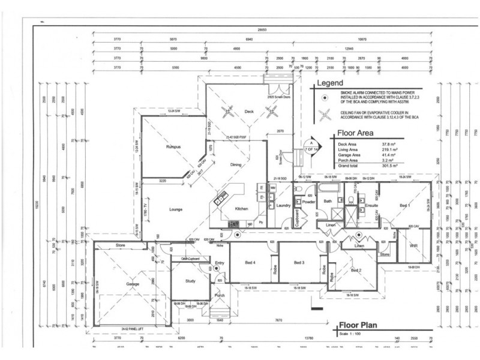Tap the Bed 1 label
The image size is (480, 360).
point(405,205)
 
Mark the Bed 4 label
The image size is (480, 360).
point(250,263)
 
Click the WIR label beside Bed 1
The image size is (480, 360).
point(413,245)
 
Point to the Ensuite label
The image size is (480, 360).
point(371,206)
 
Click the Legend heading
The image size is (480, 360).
point(329,83)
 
